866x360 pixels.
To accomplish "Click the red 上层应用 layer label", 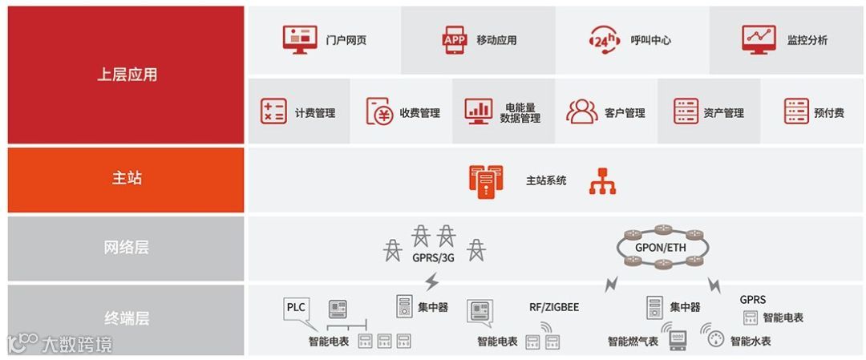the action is point(127,75).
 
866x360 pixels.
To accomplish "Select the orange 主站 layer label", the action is point(127,179).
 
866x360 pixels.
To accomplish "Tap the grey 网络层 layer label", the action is point(127,248).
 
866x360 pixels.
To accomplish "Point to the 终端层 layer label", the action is point(127,318).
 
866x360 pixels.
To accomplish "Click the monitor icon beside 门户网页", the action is point(300,39).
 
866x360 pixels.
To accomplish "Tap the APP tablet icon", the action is point(454,39).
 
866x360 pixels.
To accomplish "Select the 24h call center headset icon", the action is point(604,39).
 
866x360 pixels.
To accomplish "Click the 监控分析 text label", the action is point(807,40).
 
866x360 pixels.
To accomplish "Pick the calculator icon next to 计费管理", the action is point(273,111).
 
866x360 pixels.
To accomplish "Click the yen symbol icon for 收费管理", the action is point(378,111).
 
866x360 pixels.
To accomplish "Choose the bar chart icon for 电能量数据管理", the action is point(479,111).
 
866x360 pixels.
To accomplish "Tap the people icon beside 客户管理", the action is point(581,111).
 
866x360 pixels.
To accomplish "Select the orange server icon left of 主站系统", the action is point(486,180).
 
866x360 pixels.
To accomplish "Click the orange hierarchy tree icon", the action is point(602,181).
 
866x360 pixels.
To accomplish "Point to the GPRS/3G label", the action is point(433,258).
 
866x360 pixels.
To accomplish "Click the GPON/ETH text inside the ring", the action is point(661,247).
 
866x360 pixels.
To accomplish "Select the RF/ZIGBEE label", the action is point(553,307).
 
